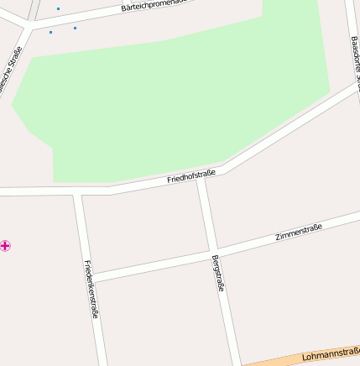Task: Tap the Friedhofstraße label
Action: point(191,176)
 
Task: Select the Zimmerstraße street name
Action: point(299,233)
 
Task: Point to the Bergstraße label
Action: point(218,273)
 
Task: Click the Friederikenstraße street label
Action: point(91,288)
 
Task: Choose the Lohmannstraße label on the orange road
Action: point(331,355)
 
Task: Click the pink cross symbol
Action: point(6,245)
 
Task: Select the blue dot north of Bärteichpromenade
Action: point(58,8)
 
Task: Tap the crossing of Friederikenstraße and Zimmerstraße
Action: point(90,277)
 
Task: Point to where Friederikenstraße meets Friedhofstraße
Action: point(77,193)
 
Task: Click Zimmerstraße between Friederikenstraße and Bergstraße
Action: point(151,264)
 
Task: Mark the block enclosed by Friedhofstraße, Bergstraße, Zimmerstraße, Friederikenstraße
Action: point(144,227)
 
